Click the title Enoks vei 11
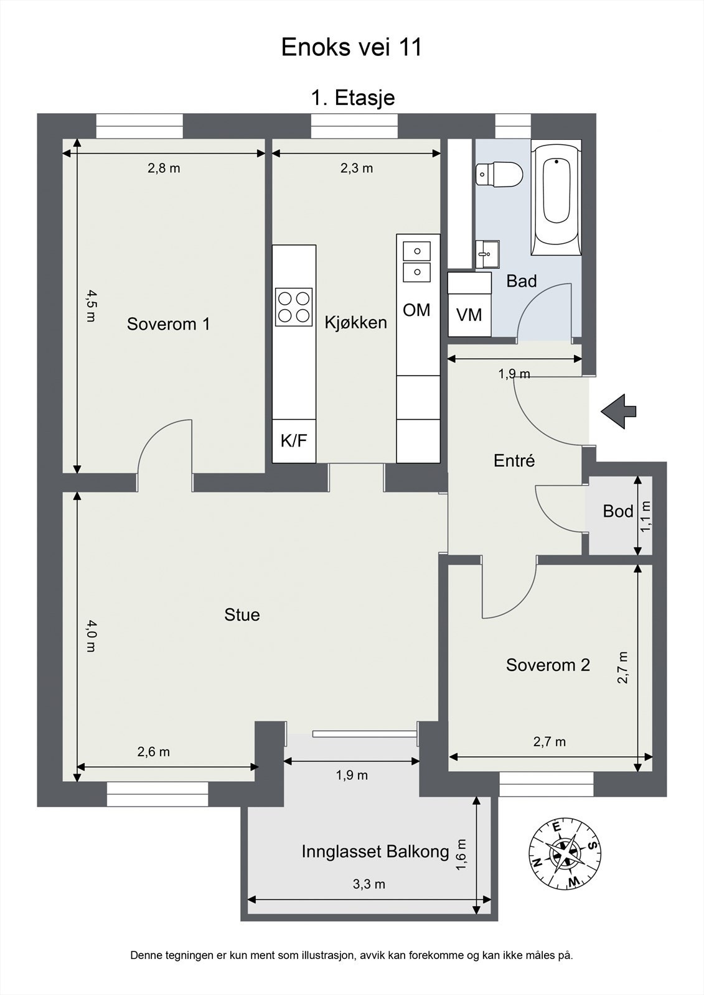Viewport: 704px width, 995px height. coord(351,47)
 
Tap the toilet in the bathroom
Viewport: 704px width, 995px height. coord(499,174)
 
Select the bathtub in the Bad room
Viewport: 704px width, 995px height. coord(556,198)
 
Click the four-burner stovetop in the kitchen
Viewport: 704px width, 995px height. coord(294,307)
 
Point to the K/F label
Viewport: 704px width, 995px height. coord(294,441)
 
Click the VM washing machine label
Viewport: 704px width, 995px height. coord(469,315)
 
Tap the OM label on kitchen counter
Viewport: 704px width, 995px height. coord(416,310)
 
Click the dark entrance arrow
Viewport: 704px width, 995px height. coord(619,411)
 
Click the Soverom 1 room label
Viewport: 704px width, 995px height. coord(169,324)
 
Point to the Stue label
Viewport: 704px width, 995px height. coord(242,614)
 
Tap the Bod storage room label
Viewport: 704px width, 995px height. coord(618,511)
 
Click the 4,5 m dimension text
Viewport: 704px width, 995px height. coord(90,306)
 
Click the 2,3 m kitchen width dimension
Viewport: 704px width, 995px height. coord(357,169)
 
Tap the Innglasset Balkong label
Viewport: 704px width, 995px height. coord(375,851)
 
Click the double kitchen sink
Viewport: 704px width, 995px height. coord(416,262)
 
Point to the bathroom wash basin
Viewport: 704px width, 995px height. coord(487,254)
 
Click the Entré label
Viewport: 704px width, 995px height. coord(514,461)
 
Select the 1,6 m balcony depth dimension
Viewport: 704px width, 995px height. coord(461,854)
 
